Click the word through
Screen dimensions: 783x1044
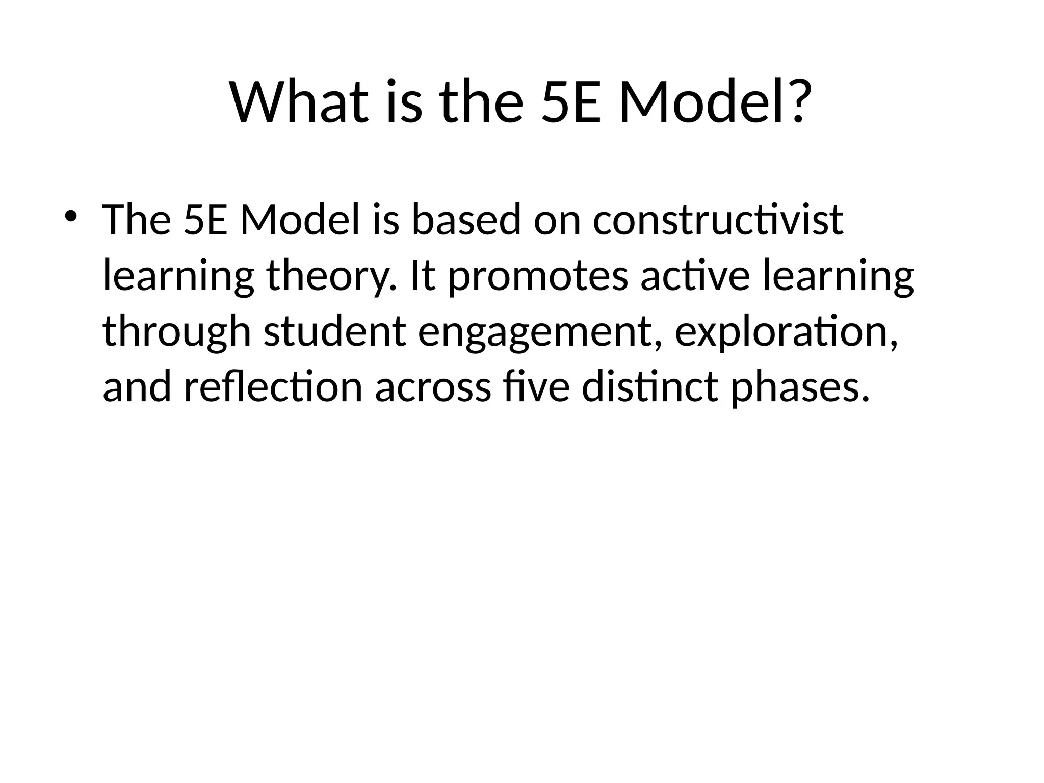click(x=177, y=332)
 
